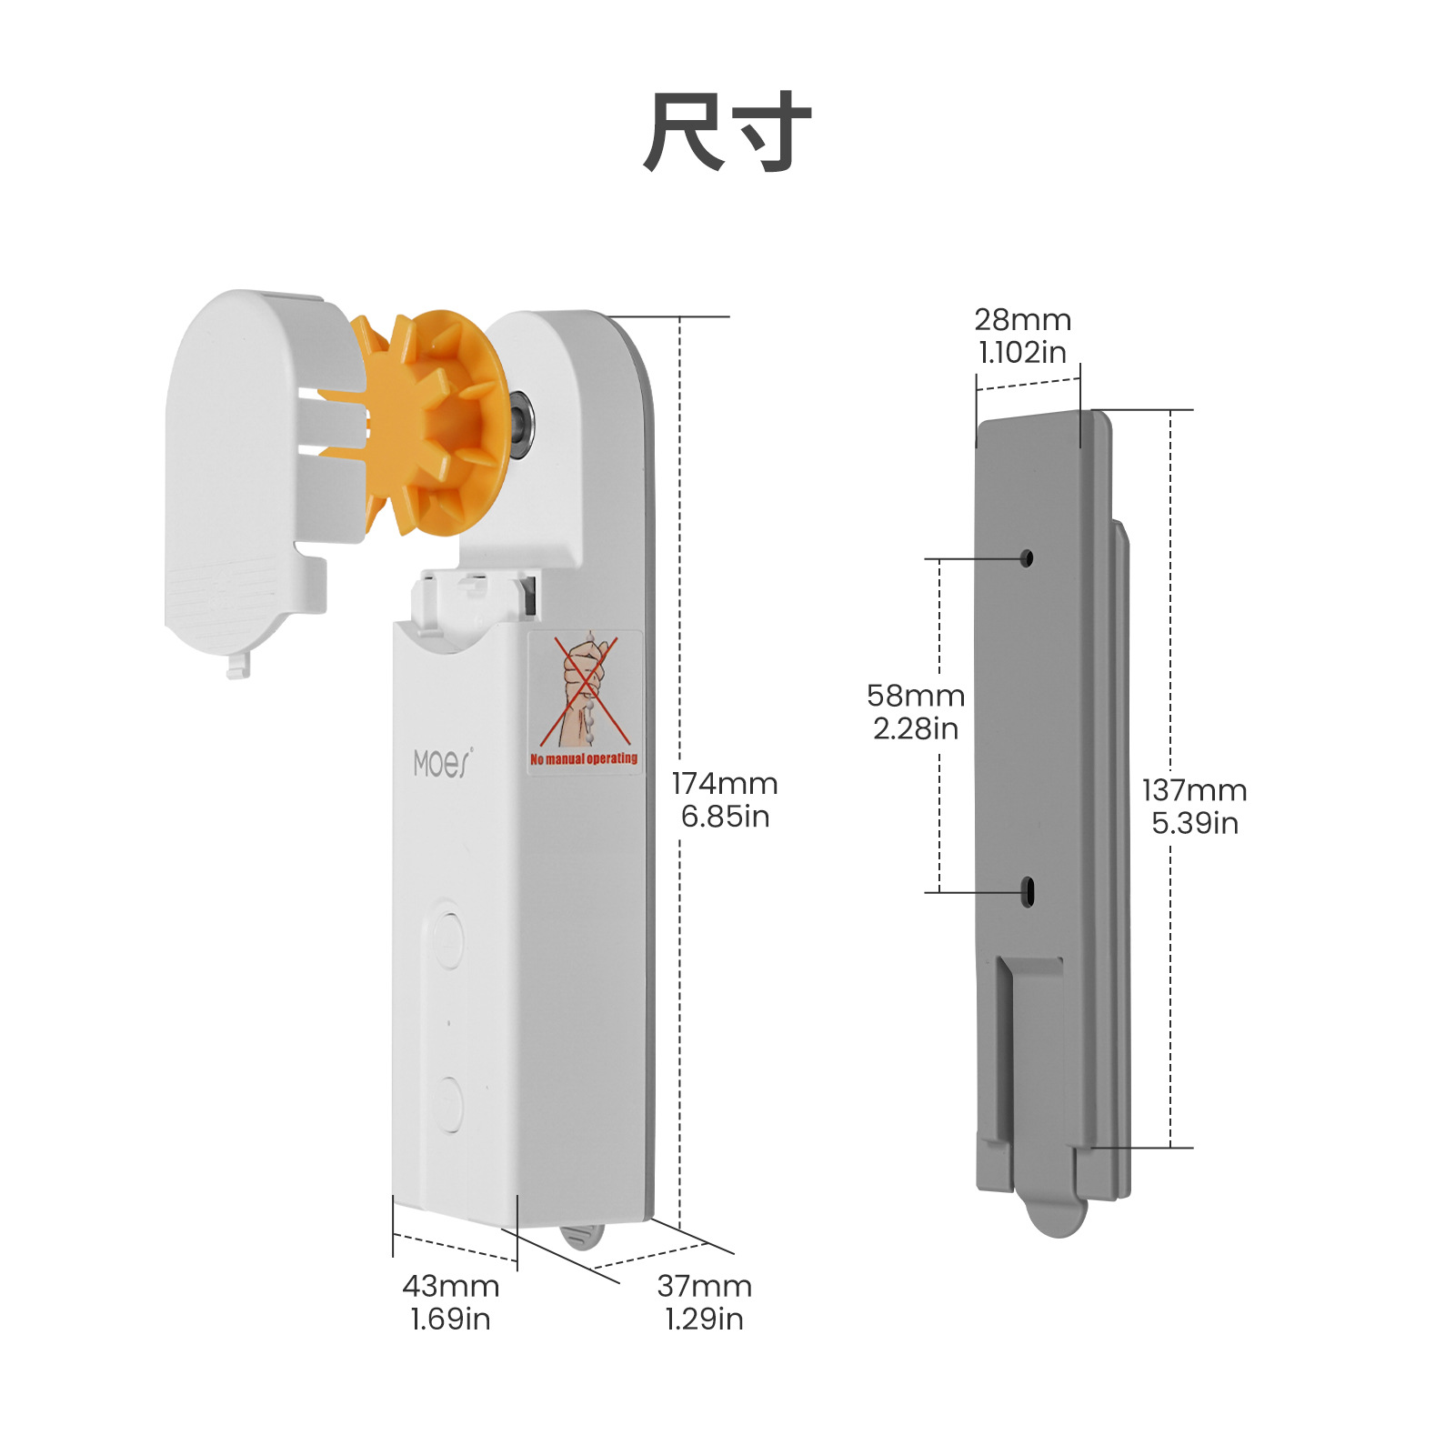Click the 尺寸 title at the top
click(x=727, y=133)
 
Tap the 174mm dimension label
click(x=725, y=784)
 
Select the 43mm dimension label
click(x=451, y=1286)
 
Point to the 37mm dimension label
click(x=705, y=1286)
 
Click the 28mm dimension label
click(x=1023, y=320)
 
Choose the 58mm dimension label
click(x=916, y=696)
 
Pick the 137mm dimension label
click(x=1195, y=790)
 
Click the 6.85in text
click(x=725, y=817)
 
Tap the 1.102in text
click(x=1023, y=353)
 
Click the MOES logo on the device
click(x=443, y=764)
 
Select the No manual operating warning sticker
click(x=585, y=703)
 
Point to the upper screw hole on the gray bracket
click(x=1027, y=558)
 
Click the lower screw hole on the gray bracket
click(x=1028, y=891)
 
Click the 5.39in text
click(x=1195, y=823)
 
